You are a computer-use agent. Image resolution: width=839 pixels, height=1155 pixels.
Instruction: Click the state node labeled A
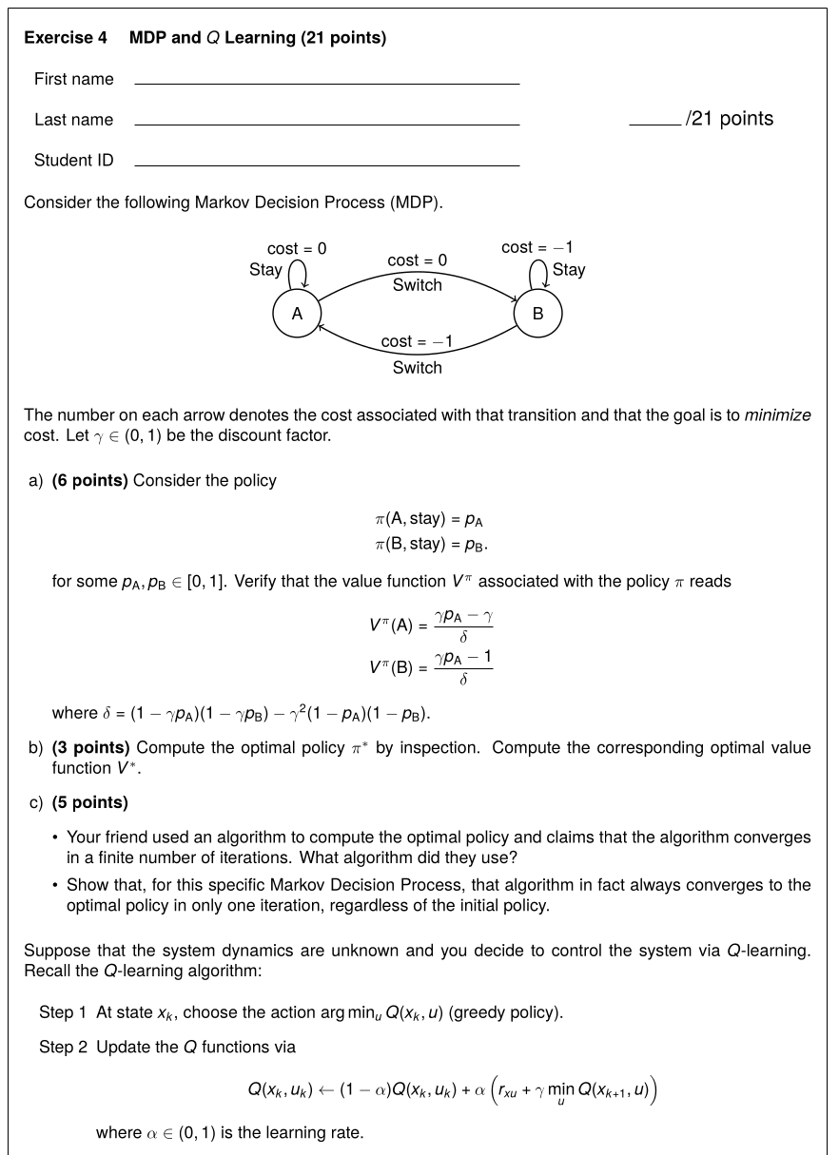[x=297, y=314]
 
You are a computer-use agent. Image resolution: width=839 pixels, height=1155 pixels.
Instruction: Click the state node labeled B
[x=537, y=314]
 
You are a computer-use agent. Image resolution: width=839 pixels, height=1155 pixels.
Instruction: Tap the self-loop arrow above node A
[x=297, y=274]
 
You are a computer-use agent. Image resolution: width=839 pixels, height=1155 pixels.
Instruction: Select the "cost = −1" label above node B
[x=537, y=247]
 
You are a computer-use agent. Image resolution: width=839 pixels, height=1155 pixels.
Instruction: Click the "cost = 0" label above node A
[x=297, y=248]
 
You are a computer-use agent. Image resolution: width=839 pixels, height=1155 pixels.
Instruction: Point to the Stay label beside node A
[x=265, y=269]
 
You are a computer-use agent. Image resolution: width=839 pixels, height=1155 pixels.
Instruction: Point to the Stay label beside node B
[x=569, y=269]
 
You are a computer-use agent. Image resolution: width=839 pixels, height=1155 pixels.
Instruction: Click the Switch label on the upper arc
[x=417, y=284]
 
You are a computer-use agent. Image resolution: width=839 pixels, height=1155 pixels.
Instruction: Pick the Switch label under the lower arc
[x=417, y=367]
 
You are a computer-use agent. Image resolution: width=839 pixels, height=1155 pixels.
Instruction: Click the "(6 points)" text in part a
[x=90, y=480]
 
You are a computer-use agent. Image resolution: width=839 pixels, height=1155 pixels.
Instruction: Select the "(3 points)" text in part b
[x=90, y=747]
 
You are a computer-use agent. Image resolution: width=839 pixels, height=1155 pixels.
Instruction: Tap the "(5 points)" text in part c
[x=90, y=802]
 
